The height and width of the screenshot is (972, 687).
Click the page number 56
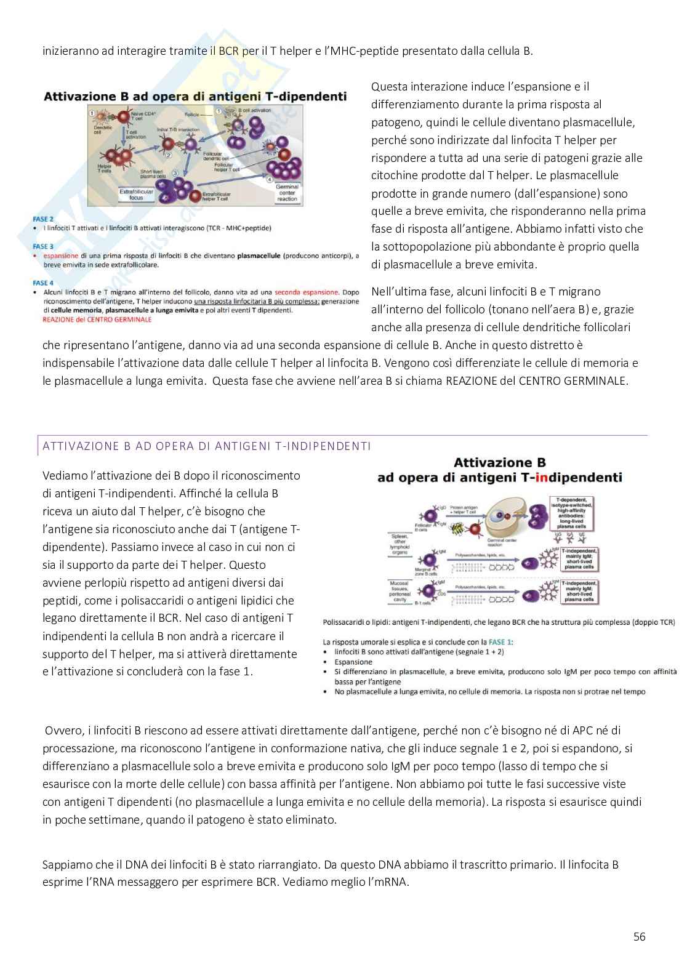639,936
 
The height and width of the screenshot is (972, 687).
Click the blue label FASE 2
43,219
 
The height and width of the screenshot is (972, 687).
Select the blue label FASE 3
43,246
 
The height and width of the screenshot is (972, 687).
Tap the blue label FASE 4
43,283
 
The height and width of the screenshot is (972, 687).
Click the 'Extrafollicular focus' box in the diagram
136,195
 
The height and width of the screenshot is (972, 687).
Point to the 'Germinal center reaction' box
287,193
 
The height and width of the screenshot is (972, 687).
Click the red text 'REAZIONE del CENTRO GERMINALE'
97,319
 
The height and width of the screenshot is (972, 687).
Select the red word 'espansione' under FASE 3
61,255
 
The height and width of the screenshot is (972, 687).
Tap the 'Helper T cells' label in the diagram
104,169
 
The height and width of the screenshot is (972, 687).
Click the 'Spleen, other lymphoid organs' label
400,542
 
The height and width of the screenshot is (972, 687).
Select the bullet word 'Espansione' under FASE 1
353,662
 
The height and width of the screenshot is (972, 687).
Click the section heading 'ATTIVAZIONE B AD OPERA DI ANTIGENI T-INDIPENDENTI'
206,446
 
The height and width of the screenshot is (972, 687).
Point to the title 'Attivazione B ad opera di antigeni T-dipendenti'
195,96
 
